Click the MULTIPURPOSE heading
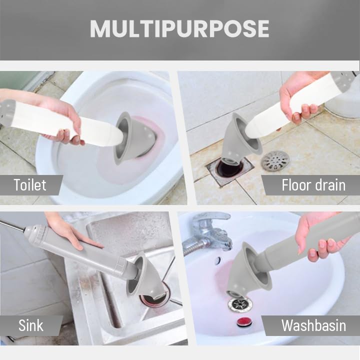179,28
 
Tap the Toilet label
30,185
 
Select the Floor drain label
313,185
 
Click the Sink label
30,325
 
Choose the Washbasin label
313,325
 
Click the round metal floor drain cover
275,161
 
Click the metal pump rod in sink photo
12,225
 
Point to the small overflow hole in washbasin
217,260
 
